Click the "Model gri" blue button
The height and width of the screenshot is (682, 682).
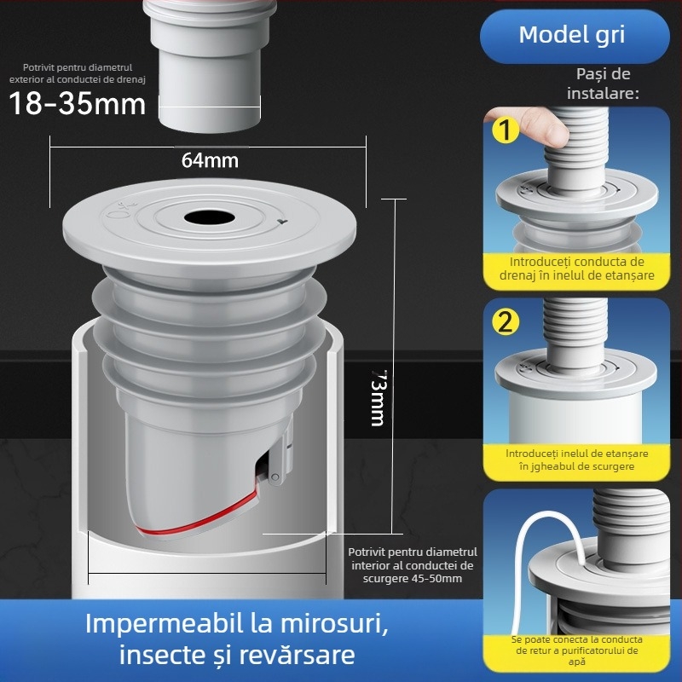point(572,35)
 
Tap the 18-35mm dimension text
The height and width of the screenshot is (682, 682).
point(78,104)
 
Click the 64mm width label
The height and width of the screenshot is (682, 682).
point(210,159)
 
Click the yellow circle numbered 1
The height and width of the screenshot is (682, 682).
point(506,132)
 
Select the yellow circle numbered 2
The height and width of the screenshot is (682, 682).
point(506,322)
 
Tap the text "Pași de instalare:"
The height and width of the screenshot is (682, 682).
point(603,84)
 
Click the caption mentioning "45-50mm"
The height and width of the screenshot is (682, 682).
point(413,566)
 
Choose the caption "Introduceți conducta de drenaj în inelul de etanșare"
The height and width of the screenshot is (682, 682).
point(577,269)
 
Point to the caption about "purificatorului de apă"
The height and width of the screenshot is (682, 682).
point(577,650)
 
